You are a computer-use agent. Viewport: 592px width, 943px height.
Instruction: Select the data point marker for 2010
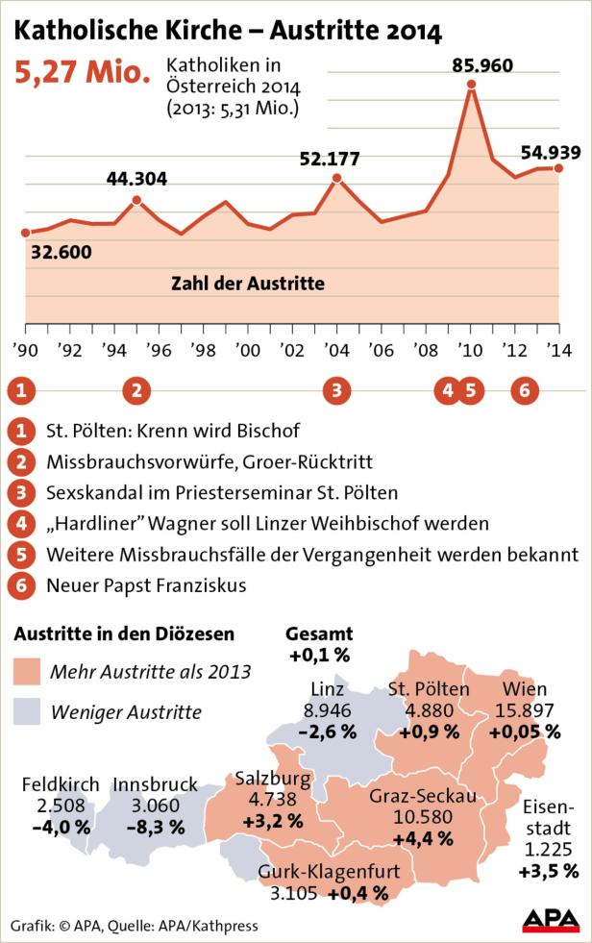(471, 85)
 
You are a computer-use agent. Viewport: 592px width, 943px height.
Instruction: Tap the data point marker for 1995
(136, 200)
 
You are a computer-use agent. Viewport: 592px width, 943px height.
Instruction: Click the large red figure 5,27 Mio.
(82, 72)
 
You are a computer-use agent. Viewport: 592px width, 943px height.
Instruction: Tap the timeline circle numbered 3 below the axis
(336, 390)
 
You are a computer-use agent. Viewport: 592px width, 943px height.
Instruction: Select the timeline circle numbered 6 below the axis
(524, 390)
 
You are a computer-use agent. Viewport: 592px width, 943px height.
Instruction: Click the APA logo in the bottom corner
(551, 920)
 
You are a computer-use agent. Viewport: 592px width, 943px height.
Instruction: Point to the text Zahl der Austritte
(247, 284)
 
